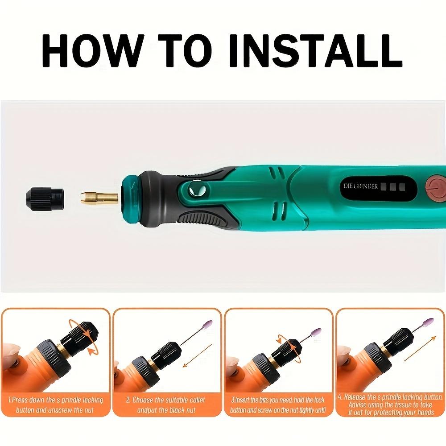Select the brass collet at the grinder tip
pyautogui.click(x=99, y=197)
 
